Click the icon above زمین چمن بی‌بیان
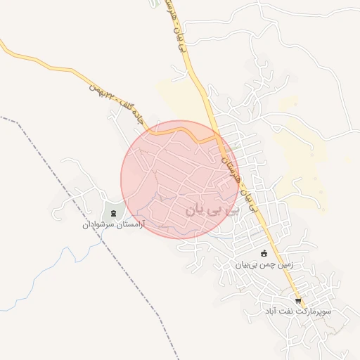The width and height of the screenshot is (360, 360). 264,254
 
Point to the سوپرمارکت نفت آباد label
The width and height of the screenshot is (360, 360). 298,311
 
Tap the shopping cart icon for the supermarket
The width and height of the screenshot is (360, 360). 298,300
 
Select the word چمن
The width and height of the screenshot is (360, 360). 264,265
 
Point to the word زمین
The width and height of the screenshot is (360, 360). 282,265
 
